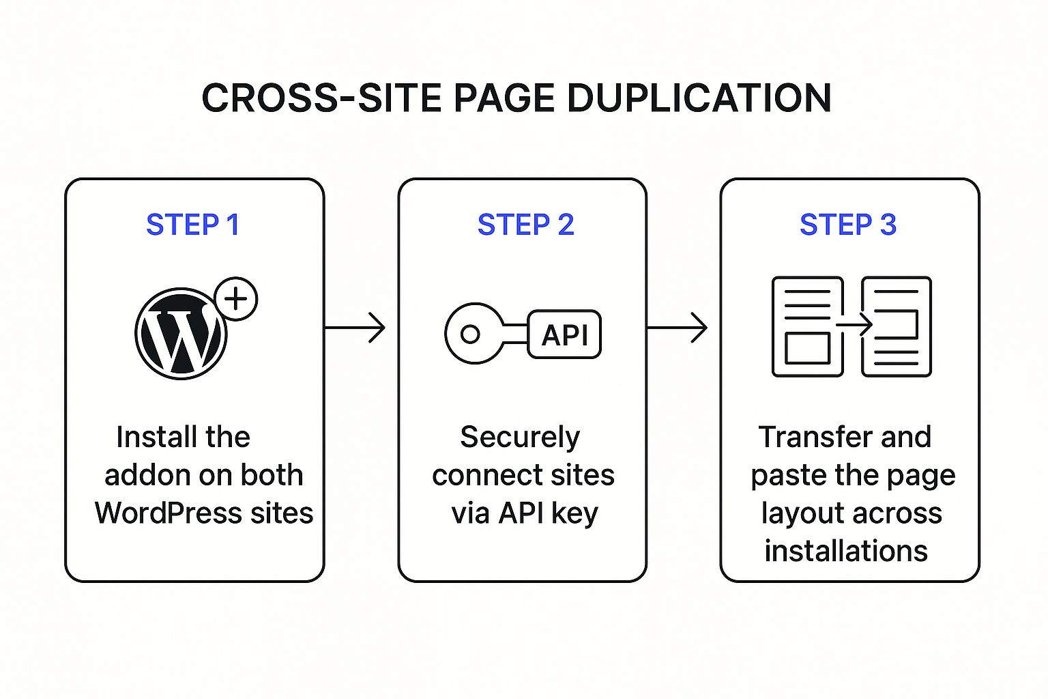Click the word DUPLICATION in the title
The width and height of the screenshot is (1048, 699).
tap(699, 98)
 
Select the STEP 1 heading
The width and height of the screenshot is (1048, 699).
tap(193, 225)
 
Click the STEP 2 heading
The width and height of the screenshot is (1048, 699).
tap(525, 225)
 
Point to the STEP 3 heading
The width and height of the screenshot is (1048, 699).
tap(848, 225)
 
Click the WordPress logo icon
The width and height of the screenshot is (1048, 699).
tap(181, 334)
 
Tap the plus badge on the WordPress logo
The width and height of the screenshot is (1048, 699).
tap(236, 299)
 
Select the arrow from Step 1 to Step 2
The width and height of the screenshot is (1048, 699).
tap(355, 328)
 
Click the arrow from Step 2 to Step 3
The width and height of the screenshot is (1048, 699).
tap(677, 328)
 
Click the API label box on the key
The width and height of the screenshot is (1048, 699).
tap(564, 334)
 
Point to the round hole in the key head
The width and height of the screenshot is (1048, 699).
tap(470, 334)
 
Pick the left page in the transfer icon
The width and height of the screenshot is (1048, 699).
tap(807, 326)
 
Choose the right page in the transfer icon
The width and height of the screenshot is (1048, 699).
tap(897, 326)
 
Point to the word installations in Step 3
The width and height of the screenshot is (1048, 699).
tap(846, 551)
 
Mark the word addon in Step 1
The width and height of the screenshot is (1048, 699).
tap(145, 475)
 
